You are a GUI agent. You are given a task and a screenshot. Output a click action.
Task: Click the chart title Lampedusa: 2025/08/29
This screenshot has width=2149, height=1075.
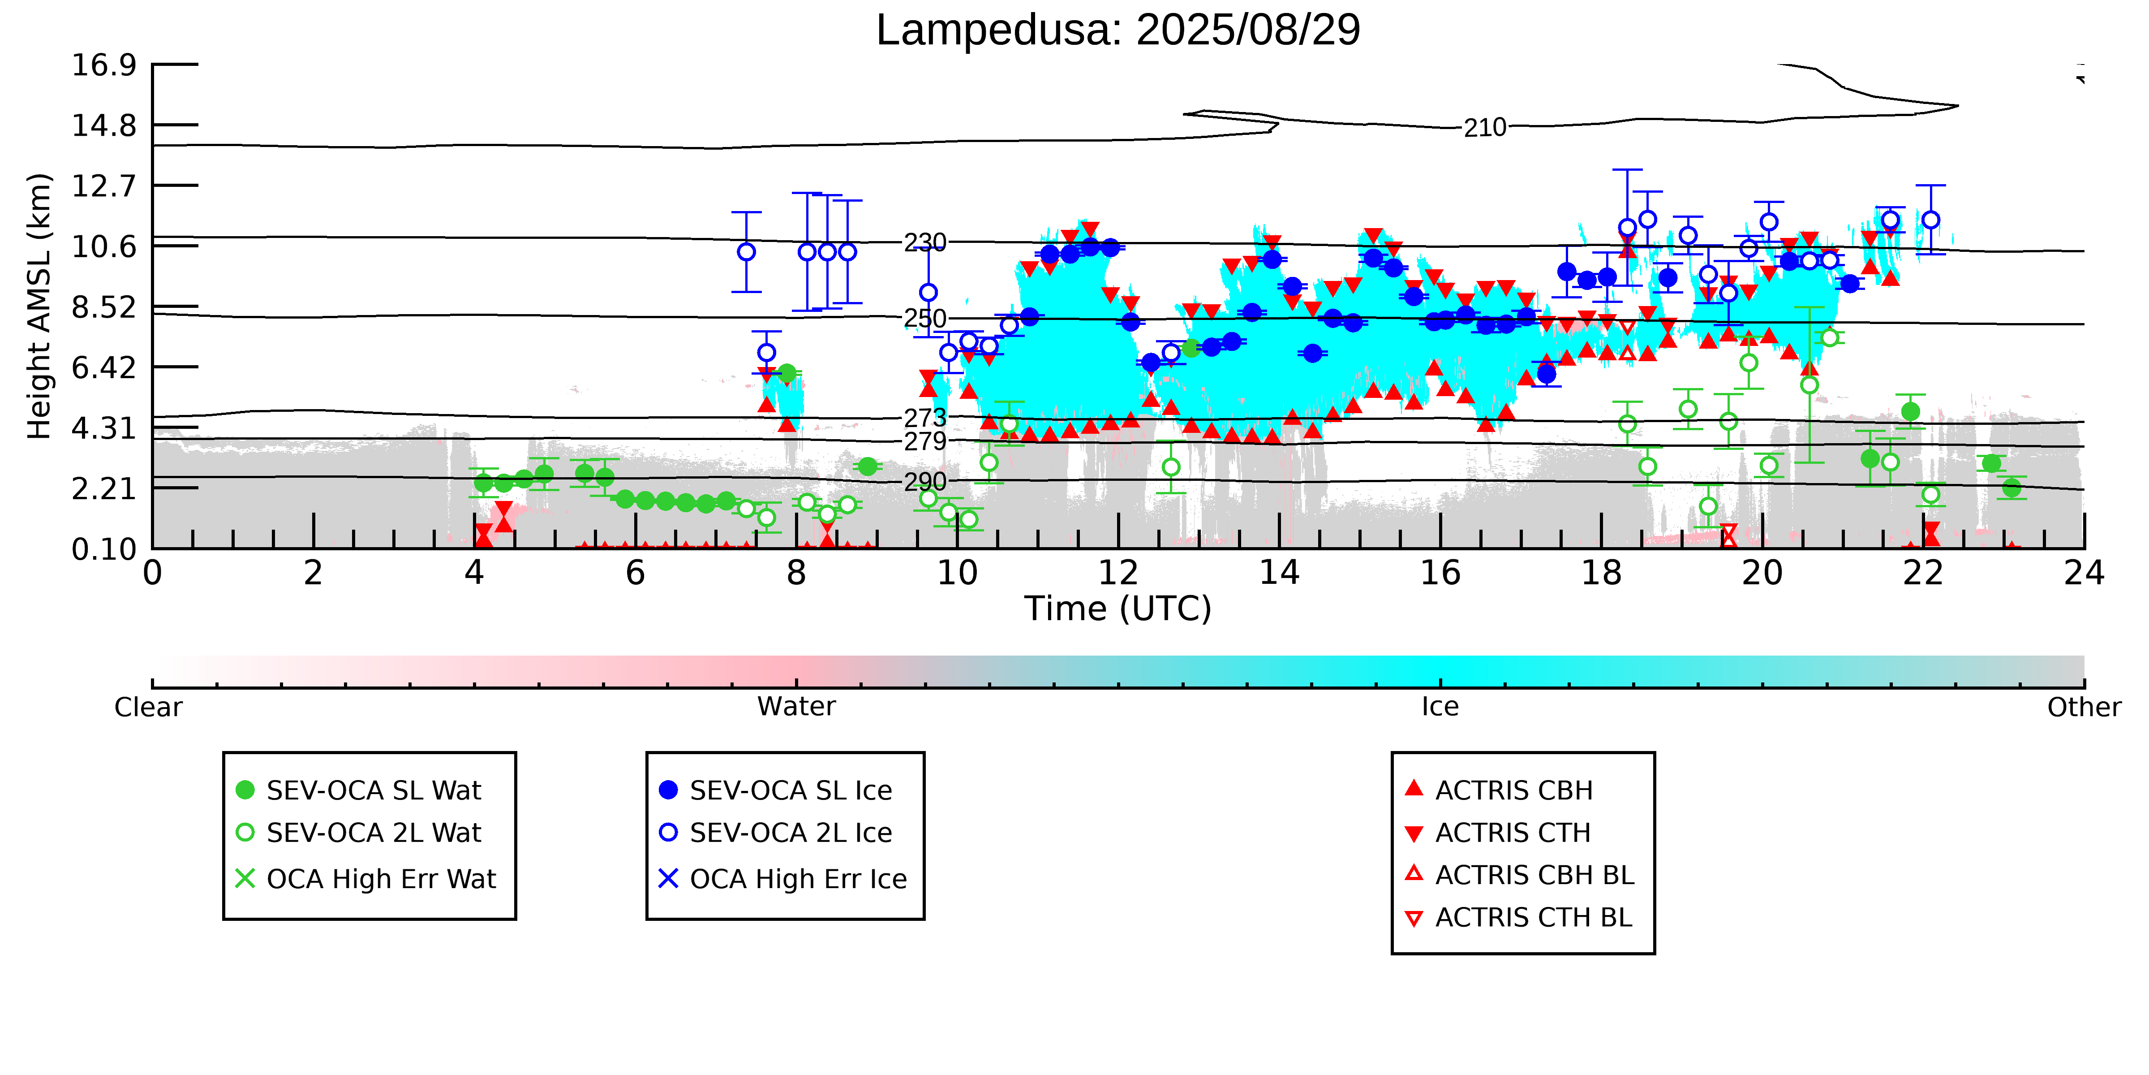pos(1118,30)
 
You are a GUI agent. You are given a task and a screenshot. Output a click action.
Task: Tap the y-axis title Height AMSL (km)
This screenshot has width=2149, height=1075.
pos(39,307)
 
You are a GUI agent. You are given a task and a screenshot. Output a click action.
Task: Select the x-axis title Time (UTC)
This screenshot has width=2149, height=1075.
pos(1118,609)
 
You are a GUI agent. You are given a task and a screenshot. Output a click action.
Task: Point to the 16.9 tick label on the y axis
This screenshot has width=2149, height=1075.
pos(103,64)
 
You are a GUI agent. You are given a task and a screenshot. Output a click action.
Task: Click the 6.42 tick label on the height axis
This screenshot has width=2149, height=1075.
pos(103,367)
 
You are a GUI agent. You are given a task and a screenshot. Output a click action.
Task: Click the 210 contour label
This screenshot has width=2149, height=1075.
pos(1485,128)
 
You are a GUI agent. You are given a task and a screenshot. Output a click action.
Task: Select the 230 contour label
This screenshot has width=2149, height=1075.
pos(925,242)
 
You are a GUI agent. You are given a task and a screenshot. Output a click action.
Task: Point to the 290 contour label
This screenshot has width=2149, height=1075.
pos(925,482)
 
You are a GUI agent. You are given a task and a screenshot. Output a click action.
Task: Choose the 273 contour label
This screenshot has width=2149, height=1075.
pos(925,417)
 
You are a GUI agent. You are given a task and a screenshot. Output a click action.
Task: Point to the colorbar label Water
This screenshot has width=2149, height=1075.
pos(796,707)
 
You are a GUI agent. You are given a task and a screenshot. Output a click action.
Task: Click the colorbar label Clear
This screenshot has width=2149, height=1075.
pos(149,707)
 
